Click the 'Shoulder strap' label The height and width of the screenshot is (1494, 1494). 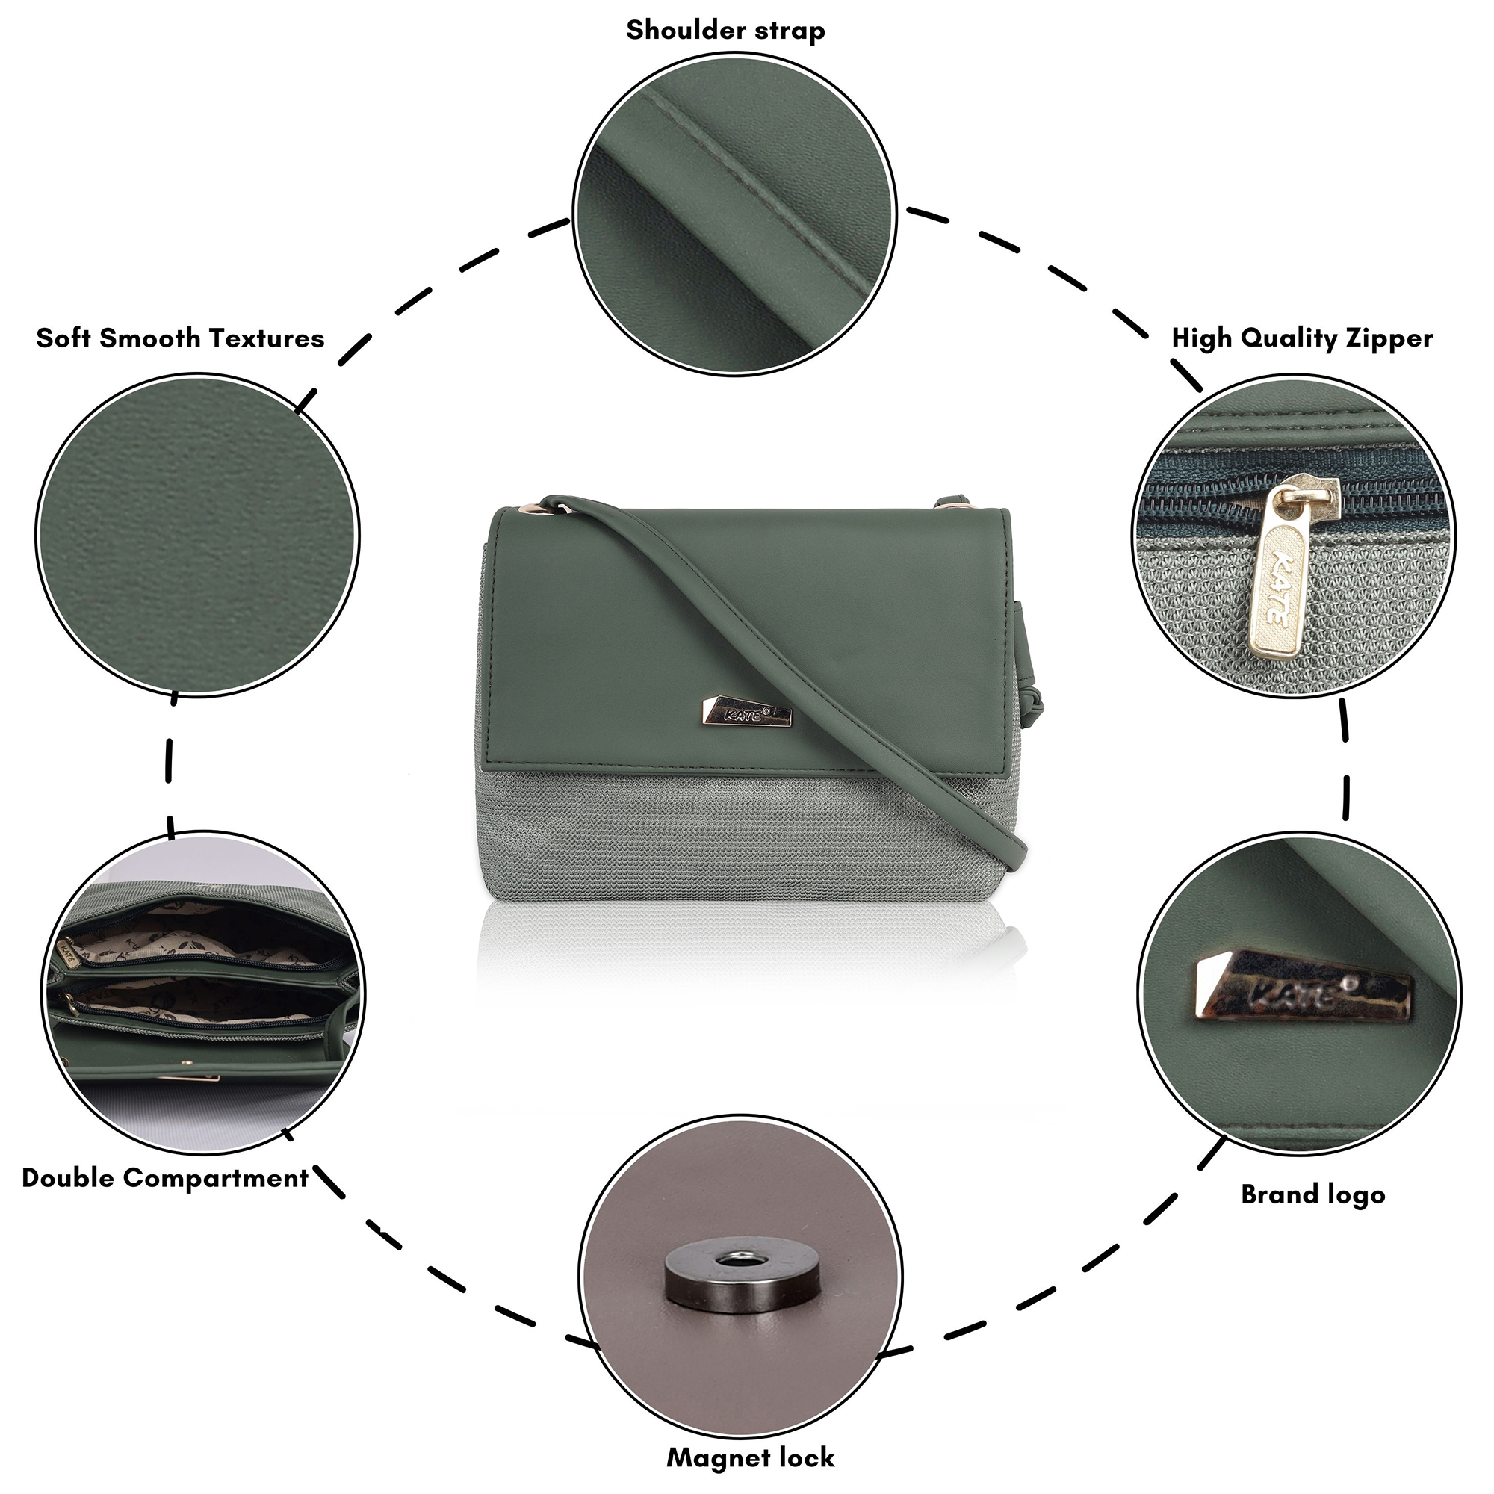point(725,31)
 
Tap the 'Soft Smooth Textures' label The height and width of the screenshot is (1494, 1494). point(180,338)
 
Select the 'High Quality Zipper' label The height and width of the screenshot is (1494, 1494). point(1302,338)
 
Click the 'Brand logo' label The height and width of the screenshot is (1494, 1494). point(1313,1194)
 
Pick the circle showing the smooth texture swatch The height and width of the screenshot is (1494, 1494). point(197,535)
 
